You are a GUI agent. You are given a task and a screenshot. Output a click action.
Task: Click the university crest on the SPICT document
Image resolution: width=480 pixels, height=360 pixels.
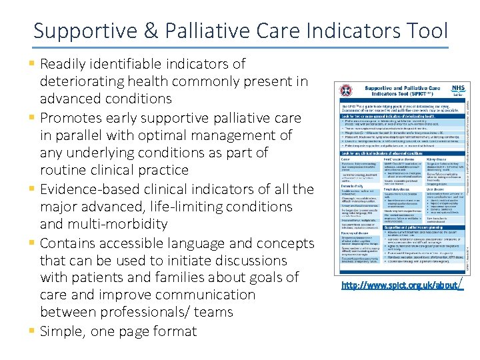click(x=345, y=92)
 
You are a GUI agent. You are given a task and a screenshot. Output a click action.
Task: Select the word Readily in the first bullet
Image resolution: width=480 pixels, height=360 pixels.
click(x=63, y=64)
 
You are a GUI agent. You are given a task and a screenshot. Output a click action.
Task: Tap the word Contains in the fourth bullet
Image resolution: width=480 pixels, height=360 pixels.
click(x=69, y=243)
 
